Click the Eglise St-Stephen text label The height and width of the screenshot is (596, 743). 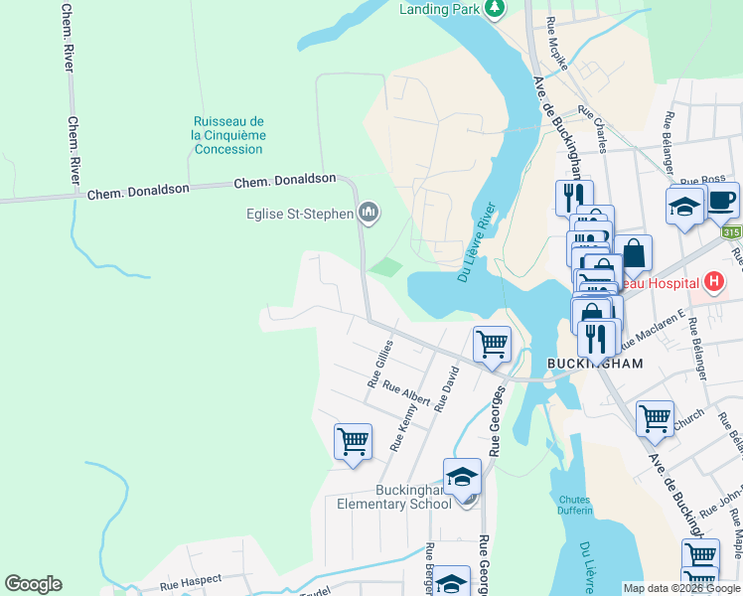click(x=299, y=212)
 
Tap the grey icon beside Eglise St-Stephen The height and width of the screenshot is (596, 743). click(x=370, y=211)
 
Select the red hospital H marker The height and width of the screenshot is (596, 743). click(x=713, y=283)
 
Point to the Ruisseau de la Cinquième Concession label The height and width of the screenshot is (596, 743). click(x=228, y=135)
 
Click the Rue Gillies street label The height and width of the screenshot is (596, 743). click(x=380, y=363)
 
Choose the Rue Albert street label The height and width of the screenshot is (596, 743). click(x=406, y=395)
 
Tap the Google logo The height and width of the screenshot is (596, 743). click(x=33, y=584)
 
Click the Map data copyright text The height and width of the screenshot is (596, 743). click(x=681, y=588)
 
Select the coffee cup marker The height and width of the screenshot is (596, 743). click(x=721, y=200)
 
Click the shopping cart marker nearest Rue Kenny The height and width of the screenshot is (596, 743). click(x=353, y=440)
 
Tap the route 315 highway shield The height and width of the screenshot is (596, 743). click(x=732, y=232)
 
